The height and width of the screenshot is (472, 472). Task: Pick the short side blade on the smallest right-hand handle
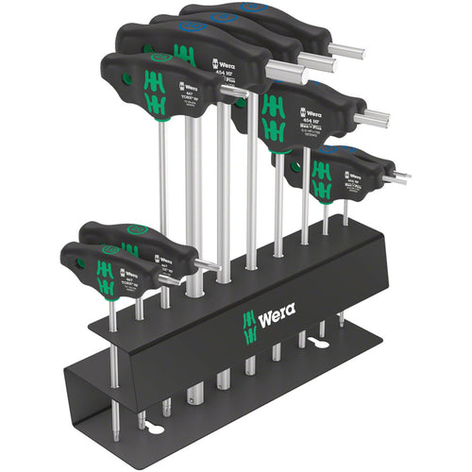click(396, 177)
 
